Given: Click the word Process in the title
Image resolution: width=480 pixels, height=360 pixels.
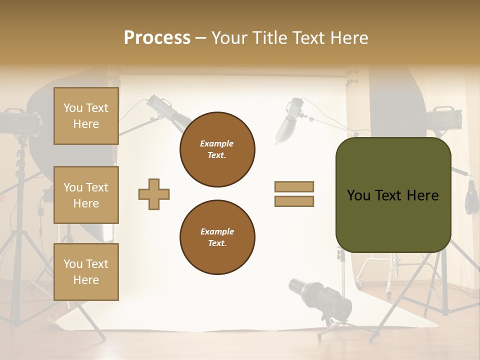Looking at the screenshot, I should click(x=157, y=38).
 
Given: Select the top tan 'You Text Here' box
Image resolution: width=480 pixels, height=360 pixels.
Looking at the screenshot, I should click(x=86, y=116).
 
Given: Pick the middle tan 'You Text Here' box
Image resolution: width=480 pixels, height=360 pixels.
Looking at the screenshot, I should click(x=86, y=195).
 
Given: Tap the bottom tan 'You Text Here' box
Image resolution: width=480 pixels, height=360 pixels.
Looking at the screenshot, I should click(x=86, y=272).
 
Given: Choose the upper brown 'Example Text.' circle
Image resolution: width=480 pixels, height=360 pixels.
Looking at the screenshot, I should click(x=217, y=149).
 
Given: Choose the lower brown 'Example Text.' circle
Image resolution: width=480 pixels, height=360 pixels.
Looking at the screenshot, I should click(x=217, y=237).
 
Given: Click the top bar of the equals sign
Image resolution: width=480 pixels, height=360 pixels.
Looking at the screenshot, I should click(x=294, y=186).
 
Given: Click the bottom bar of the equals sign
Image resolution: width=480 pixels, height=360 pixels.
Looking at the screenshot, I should click(x=294, y=201).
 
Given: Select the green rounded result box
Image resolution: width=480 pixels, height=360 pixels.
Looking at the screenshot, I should click(x=393, y=195).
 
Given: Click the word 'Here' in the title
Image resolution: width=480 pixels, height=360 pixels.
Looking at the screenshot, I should click(x=349, y=38).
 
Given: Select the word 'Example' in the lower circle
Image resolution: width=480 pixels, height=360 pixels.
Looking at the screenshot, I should click(x=217, y=231).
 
